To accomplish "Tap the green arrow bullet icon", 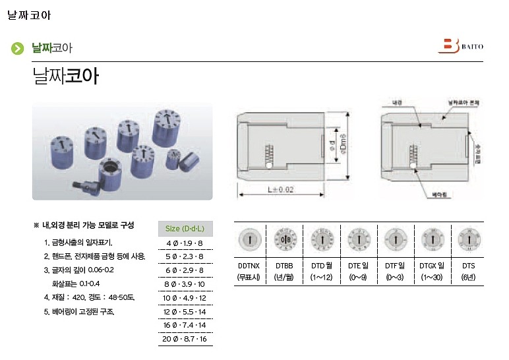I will point(18,48).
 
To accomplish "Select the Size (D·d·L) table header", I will point(185,229).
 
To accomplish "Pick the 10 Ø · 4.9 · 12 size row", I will point(185,297).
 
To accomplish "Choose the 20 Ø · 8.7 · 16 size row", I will point(185,339).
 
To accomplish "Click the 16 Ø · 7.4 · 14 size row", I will point(185,325).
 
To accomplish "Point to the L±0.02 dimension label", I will point(281,189).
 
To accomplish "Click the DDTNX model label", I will point(249,266).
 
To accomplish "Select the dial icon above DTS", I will point(469,239).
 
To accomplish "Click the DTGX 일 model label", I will point(432,266).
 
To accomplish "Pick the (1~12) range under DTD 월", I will point(322,278).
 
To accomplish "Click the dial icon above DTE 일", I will point(359,239).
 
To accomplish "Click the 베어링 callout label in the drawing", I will point(440,195).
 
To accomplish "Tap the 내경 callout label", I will point(398,104).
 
